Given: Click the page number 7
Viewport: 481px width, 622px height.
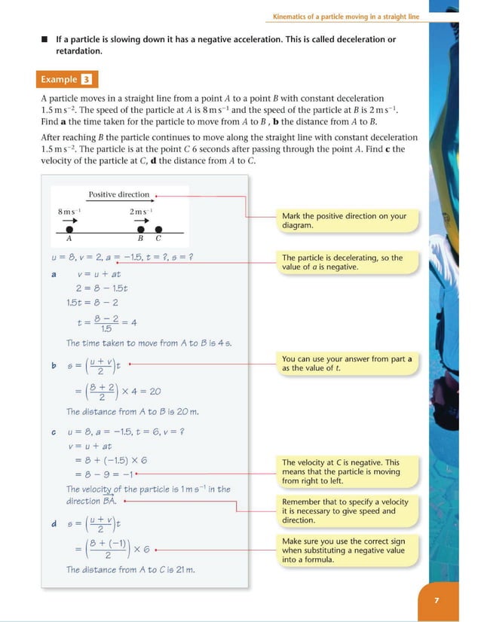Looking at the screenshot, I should [x=437, y=600].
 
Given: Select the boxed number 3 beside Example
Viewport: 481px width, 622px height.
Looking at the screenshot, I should [x=87, y=79].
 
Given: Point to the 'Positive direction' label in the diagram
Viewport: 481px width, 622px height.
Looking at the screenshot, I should [x=119, y=194].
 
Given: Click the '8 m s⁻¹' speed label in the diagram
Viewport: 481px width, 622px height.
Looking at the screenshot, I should [x=69, y=212].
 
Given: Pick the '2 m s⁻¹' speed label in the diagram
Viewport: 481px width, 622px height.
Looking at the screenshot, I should [x=141, y=212].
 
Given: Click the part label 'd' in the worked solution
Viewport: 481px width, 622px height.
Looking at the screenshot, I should [x=54, y=524].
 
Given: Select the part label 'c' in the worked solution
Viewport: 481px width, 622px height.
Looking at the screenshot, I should [x=54, y=432].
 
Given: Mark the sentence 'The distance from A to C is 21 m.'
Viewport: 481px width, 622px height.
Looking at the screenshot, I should [x=130, y=569].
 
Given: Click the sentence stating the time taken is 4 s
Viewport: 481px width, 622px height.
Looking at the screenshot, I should [x=149, y=343].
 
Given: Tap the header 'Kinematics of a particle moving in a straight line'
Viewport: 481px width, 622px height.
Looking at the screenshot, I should [x=345, y=17].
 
